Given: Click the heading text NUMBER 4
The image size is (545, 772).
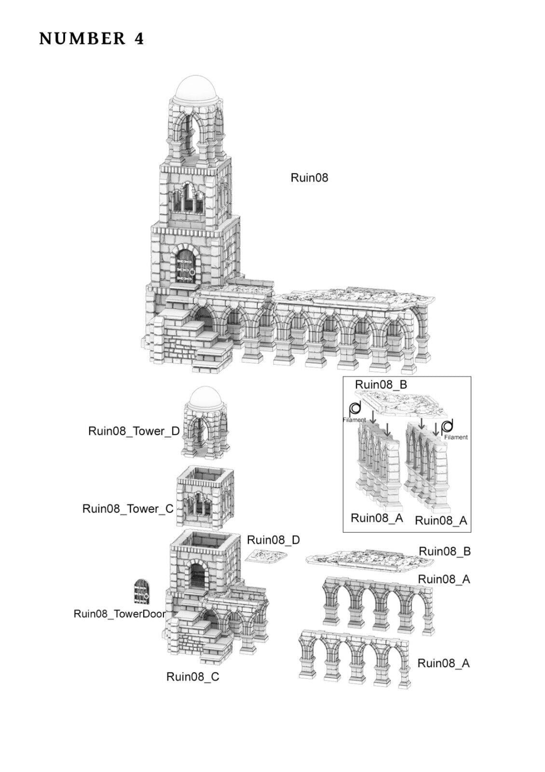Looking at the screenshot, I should click(x=92, y=39).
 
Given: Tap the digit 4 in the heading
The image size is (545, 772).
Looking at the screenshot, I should click(x=139, y=39).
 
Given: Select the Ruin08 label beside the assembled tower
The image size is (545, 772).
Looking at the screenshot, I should click(x=309, y=178).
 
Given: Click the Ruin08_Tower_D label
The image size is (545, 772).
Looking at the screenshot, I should click(x=134, y=431).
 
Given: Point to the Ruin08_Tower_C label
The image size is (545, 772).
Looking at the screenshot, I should click(x=128, y=509).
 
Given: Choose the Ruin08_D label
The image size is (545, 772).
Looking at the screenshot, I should click(x=273, y=540).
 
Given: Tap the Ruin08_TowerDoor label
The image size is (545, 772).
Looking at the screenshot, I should click(x=119, y=614).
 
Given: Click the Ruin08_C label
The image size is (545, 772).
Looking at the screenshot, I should click(x=192, y=677).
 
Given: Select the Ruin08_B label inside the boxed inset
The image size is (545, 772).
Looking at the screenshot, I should click(x=381, y=385).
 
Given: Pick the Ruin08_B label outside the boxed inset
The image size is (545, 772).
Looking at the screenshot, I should click(x=444, y=551).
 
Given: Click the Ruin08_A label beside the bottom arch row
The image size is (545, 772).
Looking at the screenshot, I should click(x=443, y=663).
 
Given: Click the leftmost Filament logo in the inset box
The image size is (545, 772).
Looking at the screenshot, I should click(x=355, y=409).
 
